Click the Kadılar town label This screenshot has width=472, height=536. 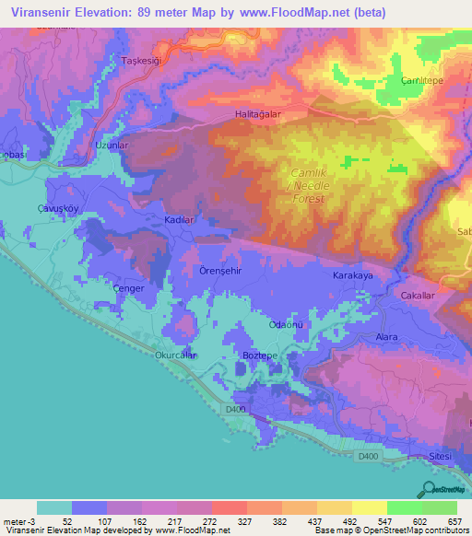178,221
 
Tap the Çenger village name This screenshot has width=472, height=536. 129,288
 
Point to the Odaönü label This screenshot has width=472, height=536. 284,323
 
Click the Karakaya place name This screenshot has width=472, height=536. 351,275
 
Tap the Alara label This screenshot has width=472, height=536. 385,337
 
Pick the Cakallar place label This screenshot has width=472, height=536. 417,296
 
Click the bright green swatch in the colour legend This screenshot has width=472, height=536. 404,507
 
